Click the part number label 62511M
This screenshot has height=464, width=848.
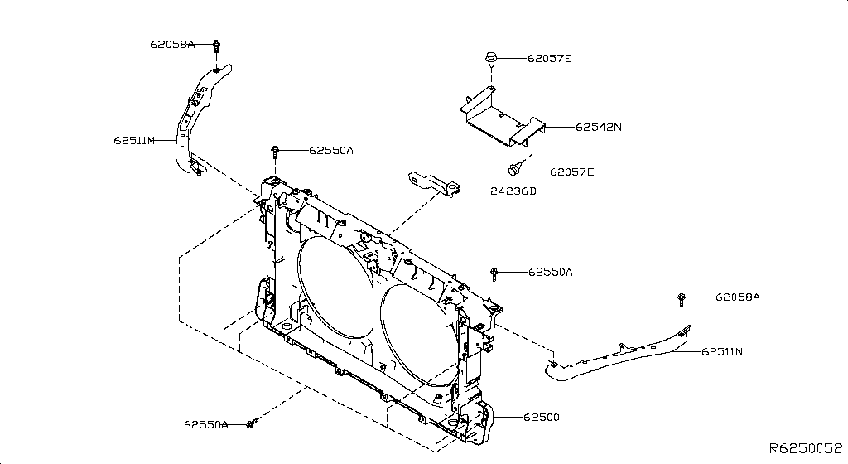[135, 141]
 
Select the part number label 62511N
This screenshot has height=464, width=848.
[722, 351]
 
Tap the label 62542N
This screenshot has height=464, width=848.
[599, 128]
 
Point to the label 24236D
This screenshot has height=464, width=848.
[513, 191]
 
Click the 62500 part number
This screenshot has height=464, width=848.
[541, 417]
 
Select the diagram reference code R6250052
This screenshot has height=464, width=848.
[804, 448]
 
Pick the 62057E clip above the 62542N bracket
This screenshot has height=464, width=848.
[491, 59]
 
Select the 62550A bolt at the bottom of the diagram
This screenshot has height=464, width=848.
[251, 424]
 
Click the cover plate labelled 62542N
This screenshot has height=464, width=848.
[501, 115]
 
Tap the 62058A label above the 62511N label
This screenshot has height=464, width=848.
[738, 297]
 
